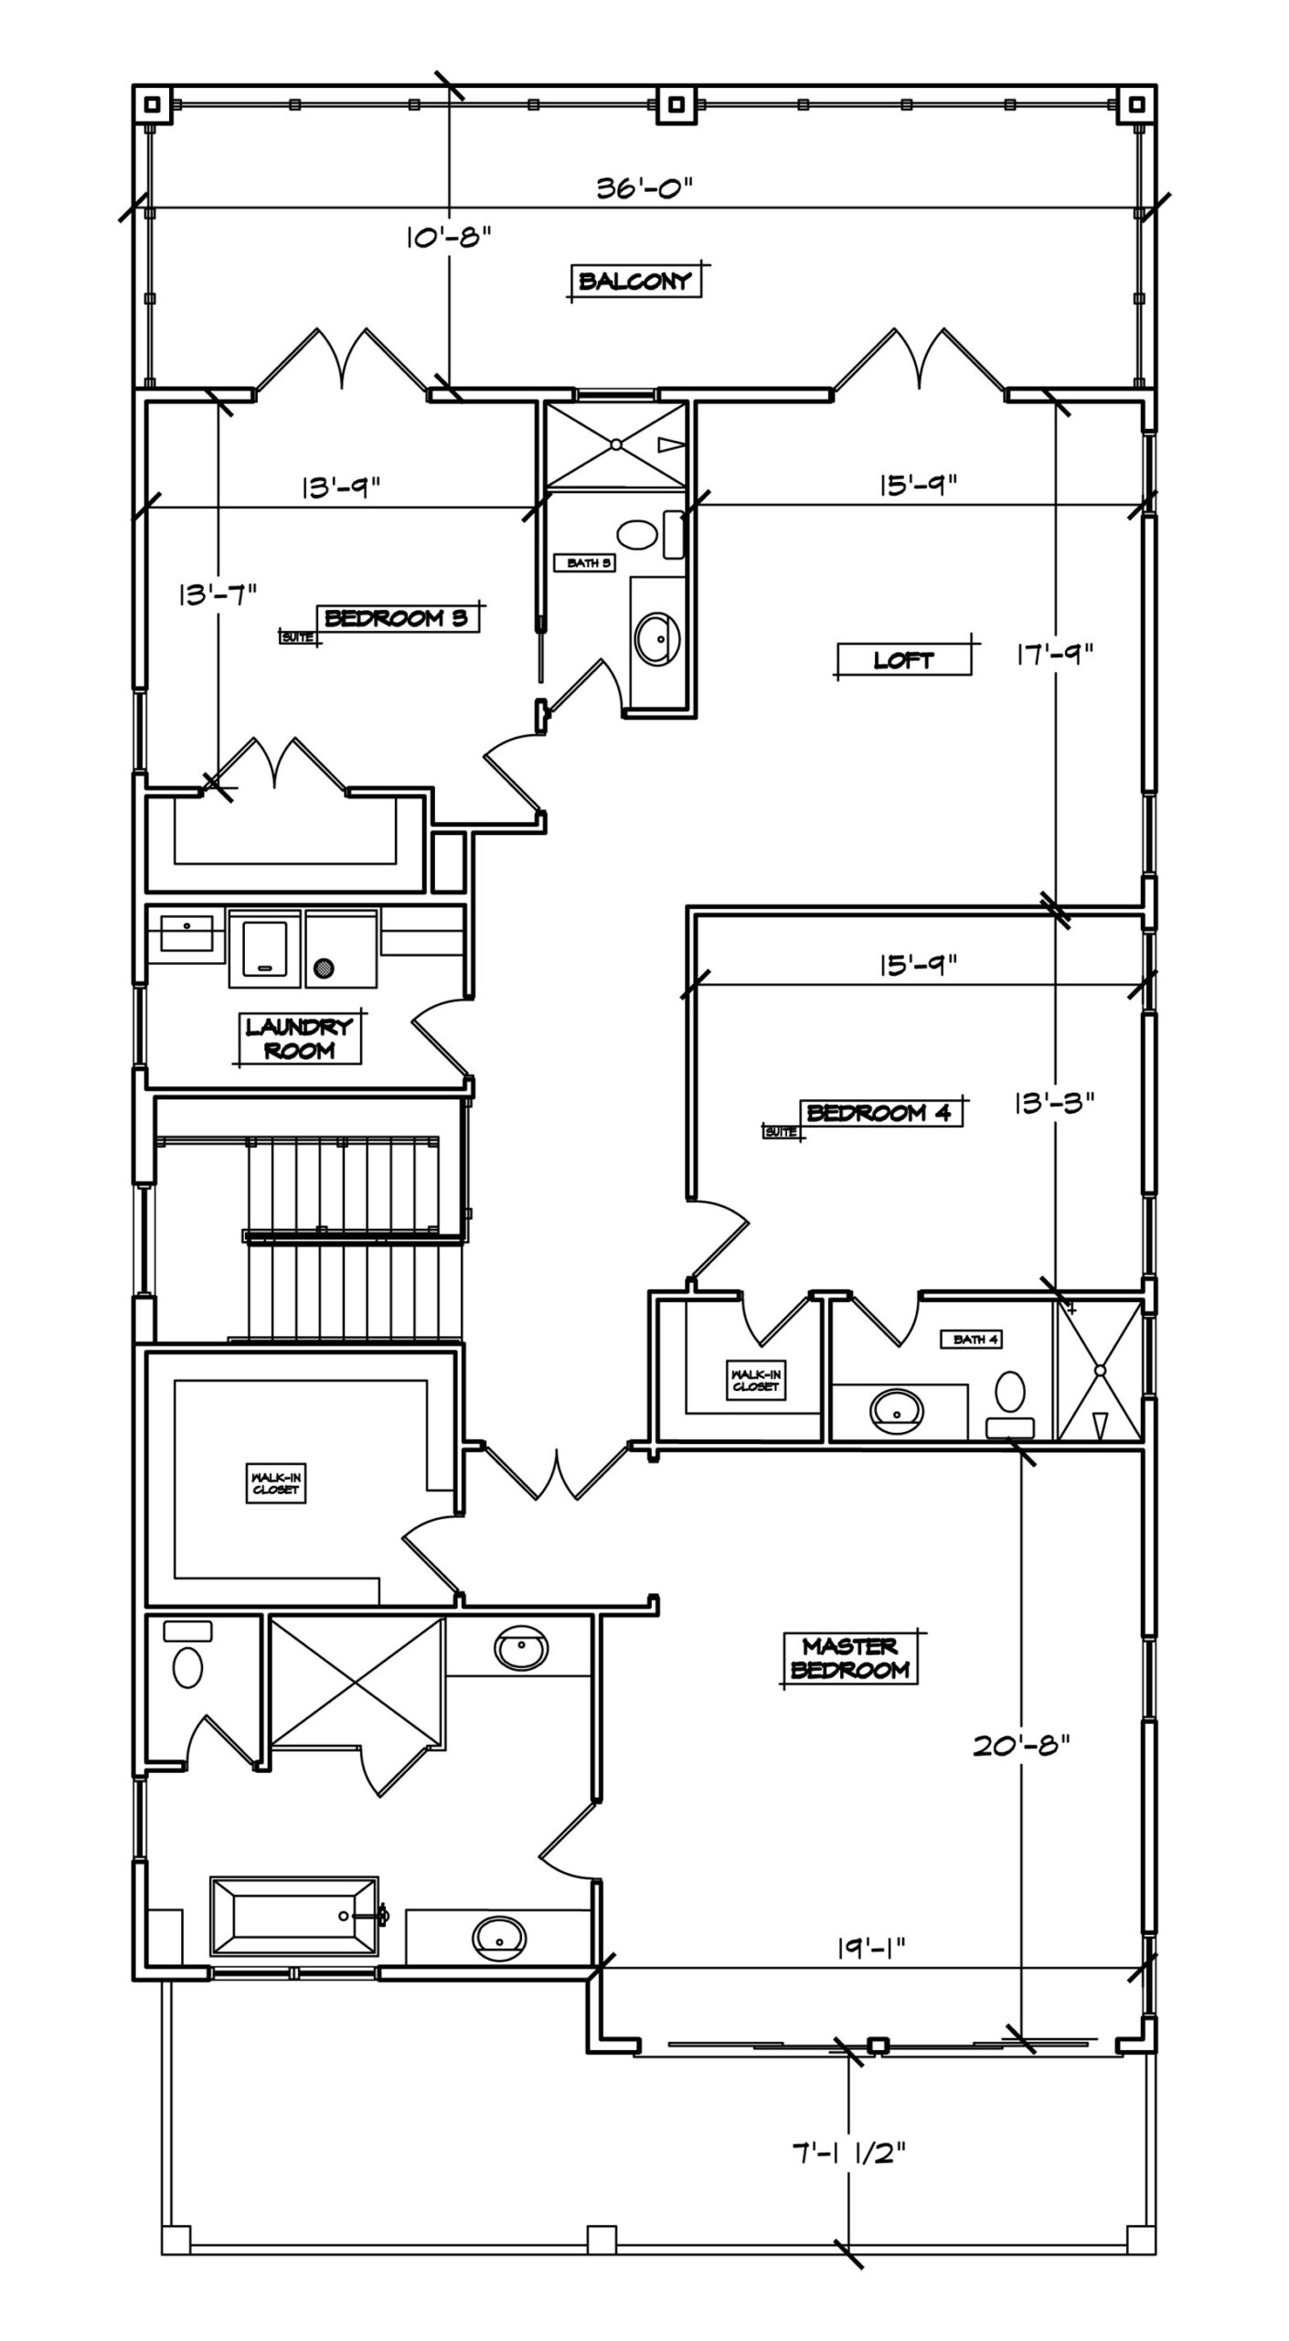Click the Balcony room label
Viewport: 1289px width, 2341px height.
tap(634, 281)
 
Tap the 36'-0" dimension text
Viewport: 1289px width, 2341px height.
tap(644, 188)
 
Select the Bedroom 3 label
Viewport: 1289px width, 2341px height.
tap(396, 618)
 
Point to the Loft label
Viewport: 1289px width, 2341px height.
tap(903, 659)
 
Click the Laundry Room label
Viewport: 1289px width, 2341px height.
tap(299, 1039)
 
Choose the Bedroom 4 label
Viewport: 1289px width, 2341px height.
tap(879, 1113)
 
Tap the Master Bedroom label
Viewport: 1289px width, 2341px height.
tap(850, 1658)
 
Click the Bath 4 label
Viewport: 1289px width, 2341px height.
tap(975, 1340)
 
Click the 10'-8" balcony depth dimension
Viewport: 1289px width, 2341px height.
tap(449, 238)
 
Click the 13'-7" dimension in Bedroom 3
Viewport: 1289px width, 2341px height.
tap(218, 594)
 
